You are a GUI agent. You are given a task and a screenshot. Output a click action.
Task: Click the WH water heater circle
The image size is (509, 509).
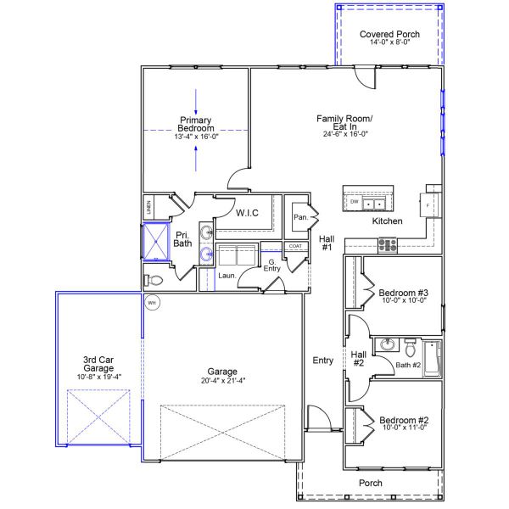click(152, 303)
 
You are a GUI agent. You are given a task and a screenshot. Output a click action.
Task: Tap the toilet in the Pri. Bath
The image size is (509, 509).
click(154, 280)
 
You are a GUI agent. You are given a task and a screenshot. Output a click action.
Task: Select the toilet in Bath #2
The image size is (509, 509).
click(411, 347)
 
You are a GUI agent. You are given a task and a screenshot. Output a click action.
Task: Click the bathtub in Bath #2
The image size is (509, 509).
click(433, 358)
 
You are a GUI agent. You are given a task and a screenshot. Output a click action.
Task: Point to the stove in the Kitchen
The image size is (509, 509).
click(388, 245)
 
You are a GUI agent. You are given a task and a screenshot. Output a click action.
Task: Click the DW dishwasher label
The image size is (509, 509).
click(354, 202)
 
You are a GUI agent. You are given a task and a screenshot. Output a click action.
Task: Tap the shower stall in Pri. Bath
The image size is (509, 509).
click(156, 242)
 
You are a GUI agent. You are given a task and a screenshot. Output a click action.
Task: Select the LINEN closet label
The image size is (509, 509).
click(148, 207)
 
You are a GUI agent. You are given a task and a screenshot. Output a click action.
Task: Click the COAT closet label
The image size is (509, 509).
click(295, 246)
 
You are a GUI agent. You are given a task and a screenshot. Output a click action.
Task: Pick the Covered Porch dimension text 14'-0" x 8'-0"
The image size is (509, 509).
click(390, 42)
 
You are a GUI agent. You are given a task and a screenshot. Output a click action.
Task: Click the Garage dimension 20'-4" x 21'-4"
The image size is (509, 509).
click(223, 380)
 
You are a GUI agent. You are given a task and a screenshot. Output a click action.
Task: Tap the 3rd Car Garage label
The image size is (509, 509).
click(98, 364)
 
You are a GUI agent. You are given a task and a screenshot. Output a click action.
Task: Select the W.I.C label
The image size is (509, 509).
click(247, 213)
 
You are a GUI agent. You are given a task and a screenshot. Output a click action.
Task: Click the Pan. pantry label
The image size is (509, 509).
click(301, 217)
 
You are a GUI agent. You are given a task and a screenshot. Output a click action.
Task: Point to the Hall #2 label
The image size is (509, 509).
click(359, 359)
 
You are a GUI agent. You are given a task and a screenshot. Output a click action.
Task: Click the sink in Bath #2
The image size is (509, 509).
click(388, 344)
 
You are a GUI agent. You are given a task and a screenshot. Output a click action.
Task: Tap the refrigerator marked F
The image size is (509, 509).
click(428, 205)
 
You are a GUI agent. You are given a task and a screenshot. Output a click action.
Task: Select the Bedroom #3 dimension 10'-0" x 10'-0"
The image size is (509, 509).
click(404, 300)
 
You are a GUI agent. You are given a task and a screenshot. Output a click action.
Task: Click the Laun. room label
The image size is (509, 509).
click(227, 276)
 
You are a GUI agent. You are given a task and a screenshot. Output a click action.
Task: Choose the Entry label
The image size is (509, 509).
click(323, 361)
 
